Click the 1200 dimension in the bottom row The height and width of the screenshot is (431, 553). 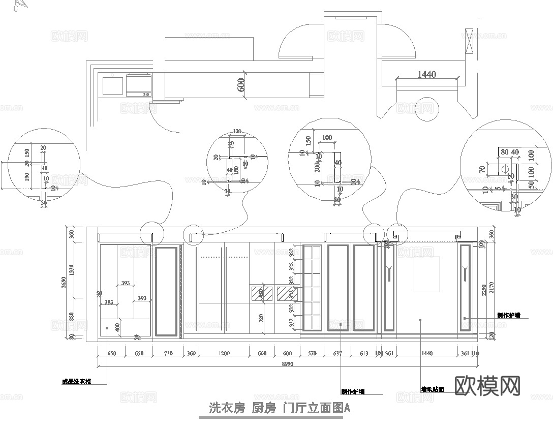coord(224,354)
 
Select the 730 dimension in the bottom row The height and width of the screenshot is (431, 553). coord(167,354)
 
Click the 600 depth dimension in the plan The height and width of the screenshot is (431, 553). coord(241,84)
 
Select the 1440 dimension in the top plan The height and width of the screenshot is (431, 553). coord(426,74)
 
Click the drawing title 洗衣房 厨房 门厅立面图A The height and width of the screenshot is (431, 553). coord(280,408)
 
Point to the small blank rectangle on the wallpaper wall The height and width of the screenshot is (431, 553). coord(426,274)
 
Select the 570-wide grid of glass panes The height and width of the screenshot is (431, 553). coord(313,288)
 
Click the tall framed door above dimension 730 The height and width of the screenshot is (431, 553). coord(167,291)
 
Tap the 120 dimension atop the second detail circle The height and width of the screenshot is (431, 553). coord(236,131)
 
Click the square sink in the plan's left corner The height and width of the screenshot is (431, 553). coord(112,85)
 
